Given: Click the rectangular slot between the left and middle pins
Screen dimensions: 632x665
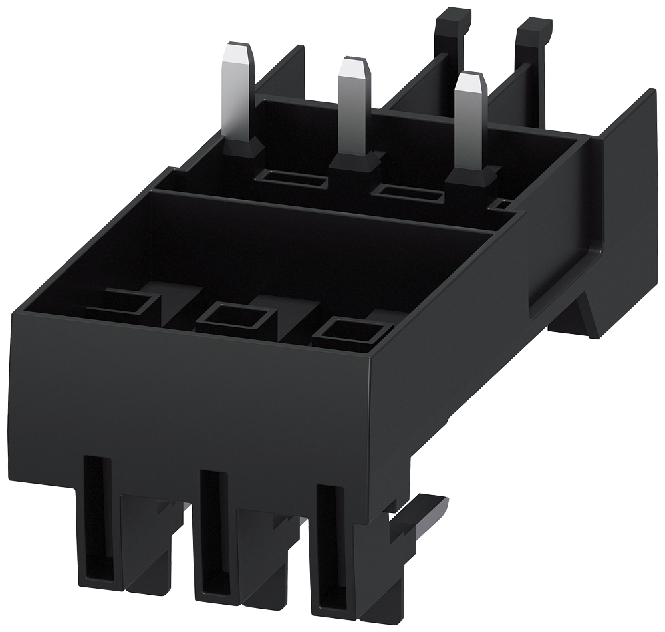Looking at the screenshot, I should click(x=293, y=178).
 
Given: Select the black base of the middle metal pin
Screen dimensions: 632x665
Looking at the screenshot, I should click(x=352, y=160).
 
